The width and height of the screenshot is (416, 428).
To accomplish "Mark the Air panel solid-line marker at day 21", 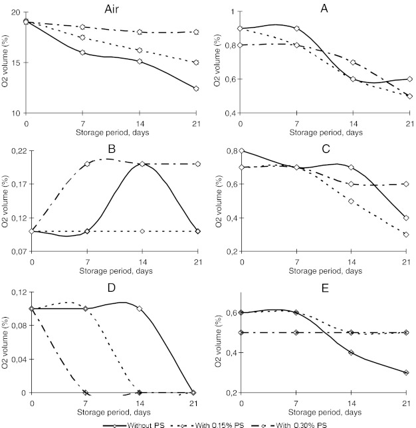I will click(196, 88).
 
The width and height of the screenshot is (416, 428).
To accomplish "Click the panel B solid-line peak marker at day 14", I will click(142, 163).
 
